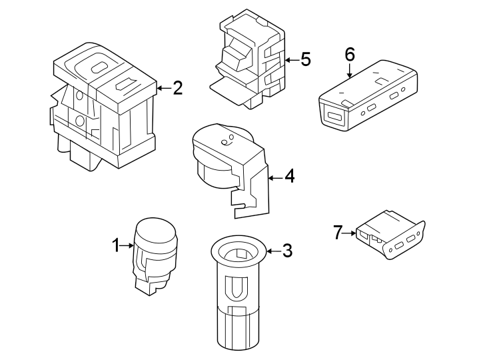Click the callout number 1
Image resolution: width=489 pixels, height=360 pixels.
(x=116, y=246)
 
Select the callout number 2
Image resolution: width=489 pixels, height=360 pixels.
(x=177, y=88)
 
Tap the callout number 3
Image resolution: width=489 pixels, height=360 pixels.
(x=287, y=251)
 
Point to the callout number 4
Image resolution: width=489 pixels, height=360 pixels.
(x=289, y=177)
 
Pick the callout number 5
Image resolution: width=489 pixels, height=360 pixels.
(x=305, y=60)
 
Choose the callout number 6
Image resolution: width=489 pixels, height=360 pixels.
(x=350, y=54)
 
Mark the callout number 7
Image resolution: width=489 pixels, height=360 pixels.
(x=338, y=233)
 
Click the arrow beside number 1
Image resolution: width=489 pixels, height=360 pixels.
(x=127, y=246)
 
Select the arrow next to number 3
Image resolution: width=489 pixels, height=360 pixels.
(x=272, y=251)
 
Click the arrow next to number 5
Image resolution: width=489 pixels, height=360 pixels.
(x=290, y=60)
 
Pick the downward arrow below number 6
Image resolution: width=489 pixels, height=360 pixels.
(x=350, y=72)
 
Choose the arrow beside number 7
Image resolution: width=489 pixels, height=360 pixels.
(x=350, y=233)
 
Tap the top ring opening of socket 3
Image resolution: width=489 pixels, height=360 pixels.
(x=238, y=253)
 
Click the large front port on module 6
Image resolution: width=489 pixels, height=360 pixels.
(x=334, y=117)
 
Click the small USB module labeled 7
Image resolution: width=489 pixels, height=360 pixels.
(x=390, y=235)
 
